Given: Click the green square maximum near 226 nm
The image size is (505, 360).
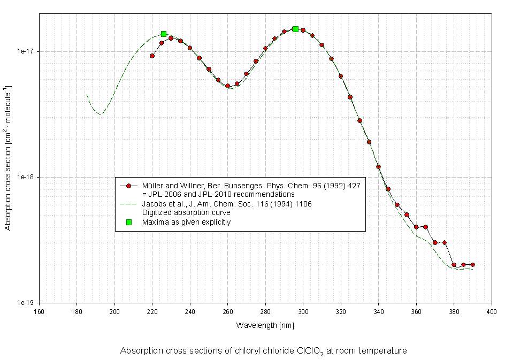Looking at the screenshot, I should coord(164,34).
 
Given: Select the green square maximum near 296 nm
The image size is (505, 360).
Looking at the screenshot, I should coord(295,29).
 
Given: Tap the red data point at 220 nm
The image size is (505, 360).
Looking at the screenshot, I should coord(152,56).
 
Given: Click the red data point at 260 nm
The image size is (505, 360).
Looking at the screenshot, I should coord(227,86).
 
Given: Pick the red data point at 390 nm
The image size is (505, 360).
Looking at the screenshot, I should coord(472,265).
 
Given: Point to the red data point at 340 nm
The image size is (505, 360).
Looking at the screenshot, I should coord(378,167).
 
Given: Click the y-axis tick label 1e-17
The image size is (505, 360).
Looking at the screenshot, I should coord(26,51).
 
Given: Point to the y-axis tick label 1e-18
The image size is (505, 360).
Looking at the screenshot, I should coord(26,177).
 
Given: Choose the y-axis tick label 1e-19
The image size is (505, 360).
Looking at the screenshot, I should coord(26,303).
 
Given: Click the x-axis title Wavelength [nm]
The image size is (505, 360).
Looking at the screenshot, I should coord(265,325).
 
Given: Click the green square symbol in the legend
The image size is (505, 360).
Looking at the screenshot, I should coord(128,222).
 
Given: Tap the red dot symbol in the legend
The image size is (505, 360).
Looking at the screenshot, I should coord(128,186).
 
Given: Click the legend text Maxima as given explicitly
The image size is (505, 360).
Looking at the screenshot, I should coord(186,222).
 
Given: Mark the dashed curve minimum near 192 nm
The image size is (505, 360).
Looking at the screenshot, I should coord(100,113).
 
